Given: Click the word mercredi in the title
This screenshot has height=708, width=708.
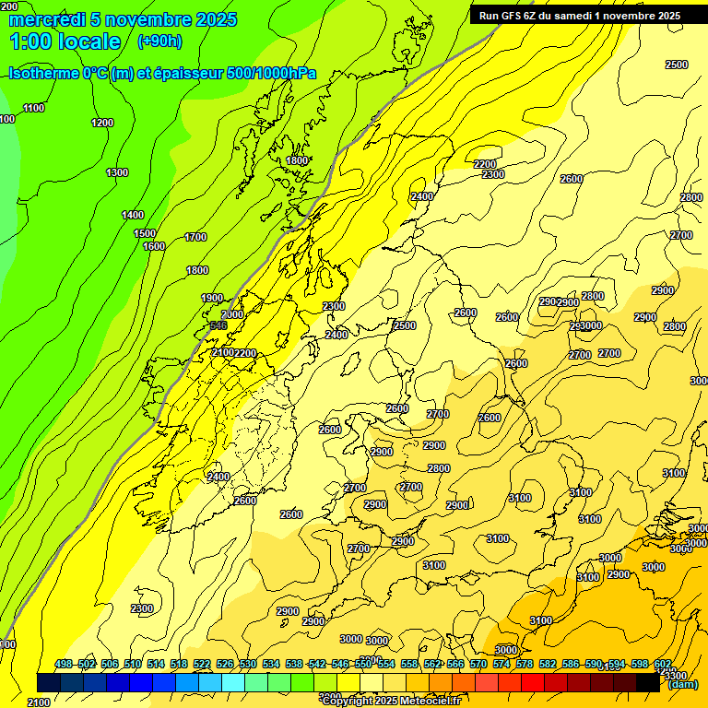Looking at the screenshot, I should tap(46, 19).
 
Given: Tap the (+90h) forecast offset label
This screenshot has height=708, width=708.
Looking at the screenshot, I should tap(159, 41).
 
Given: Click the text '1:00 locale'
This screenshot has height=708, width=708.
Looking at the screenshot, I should tap(65, 41).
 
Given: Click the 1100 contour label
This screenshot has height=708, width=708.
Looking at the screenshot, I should tap(34, 108).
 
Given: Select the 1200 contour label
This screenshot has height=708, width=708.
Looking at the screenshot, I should tap(102, 123).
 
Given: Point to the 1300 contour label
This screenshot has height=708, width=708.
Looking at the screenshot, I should tap(117, 172).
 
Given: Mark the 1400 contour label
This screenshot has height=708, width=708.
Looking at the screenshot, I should tap(133, 215).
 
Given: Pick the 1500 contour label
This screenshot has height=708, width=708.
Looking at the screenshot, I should tap(145, 233).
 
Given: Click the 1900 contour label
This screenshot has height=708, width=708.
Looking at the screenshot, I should tap(212, 298).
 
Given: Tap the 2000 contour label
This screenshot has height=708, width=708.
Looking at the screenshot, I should tap(232, 314).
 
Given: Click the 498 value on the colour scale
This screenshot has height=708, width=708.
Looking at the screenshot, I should tap(64, 664).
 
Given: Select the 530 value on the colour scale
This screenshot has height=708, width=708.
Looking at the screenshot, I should tap(247, 664).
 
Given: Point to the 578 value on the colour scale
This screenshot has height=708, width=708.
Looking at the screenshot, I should tap(524, 664).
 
